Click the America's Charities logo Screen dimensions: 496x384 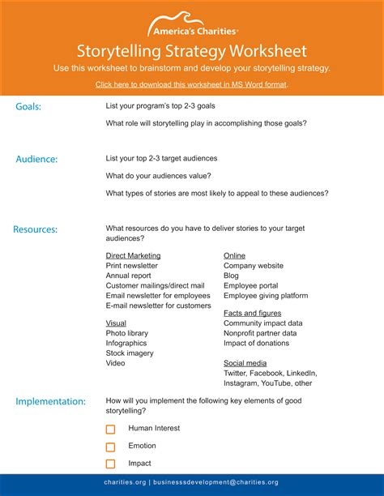click(192, 25)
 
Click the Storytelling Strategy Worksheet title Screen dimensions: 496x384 click(192, 51)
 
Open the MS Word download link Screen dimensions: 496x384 click(191, 84)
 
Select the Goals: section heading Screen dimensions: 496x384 click(28, 106)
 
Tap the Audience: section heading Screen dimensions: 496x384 click(36, 159)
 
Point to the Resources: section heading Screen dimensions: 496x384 click(35, 229)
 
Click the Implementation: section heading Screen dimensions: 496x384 click(50, 401)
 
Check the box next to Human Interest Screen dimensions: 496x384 click(111, 429)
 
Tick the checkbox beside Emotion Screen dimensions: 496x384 click(111, 447)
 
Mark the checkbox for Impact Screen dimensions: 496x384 click(111, 464)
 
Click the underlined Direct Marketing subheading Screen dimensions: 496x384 click(133, 255)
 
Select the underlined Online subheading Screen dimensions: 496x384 click(234, 255)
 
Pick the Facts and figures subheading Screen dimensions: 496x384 click(253, 313)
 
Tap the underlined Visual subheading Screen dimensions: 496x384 click(116, 323)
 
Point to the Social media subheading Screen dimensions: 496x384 click(245, 363)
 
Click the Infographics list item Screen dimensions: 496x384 click(126, 343)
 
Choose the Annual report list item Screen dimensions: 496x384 click(128, 276)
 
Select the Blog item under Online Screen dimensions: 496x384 click(231, 276)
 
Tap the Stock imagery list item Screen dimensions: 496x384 click(130, 353)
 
